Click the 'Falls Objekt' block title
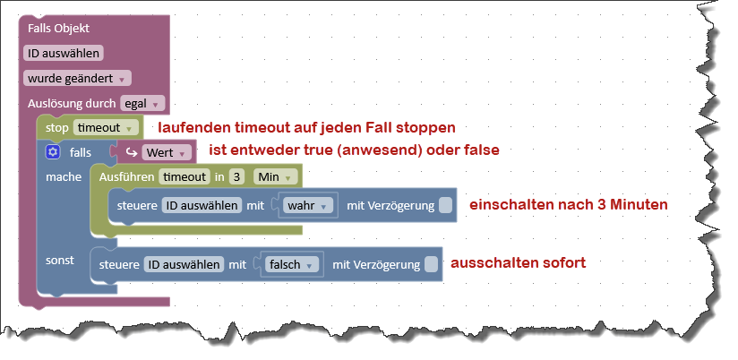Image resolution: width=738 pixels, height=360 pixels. point(58,29)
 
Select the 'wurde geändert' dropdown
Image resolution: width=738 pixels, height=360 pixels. point(77,78)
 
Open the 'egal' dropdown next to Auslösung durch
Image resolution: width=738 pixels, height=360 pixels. point(142,103)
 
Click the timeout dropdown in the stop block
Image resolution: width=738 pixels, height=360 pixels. point(106,127)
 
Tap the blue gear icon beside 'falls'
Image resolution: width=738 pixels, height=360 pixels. point(53,152)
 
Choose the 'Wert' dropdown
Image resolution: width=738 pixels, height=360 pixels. point(167,152)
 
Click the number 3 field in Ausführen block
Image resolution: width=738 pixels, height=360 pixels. point(237,177)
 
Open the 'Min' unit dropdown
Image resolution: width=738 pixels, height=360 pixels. point(275,177)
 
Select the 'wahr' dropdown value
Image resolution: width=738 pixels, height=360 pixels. point(308,205)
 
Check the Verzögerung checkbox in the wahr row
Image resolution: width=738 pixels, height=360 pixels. point(445,205)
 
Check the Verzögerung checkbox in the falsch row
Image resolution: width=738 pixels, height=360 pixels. point(431,264)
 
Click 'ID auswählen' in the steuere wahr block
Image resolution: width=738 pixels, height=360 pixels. point(202,205)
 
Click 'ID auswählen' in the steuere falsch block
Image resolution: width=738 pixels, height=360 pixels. point(184,264)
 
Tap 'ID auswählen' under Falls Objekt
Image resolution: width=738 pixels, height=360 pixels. point(63,53)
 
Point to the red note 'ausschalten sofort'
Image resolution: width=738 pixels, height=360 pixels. point(519,262)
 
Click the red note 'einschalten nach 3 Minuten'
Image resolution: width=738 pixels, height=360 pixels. point(568,205)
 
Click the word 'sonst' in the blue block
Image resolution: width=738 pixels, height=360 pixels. point(60,261)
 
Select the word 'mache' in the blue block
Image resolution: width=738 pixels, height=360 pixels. point(64,177)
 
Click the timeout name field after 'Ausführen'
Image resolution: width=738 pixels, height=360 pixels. point(184,177)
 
